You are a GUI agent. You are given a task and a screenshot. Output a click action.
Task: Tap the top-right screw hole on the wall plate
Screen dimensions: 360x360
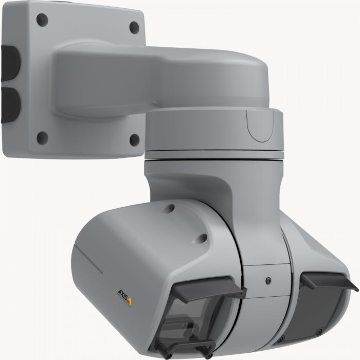tap(134, 27)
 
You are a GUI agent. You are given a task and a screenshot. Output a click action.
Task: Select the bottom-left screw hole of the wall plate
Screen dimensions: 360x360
tap(43, 137)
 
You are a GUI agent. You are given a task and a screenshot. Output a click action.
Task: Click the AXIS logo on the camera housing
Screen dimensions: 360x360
tap(124, 297)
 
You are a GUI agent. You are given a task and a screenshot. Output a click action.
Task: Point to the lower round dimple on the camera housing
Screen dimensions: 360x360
tap(203, 238)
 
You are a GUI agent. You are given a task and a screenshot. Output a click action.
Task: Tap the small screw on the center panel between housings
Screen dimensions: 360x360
tap(268, 281)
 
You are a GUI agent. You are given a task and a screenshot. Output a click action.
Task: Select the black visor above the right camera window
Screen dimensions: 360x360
tap(329, 280)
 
